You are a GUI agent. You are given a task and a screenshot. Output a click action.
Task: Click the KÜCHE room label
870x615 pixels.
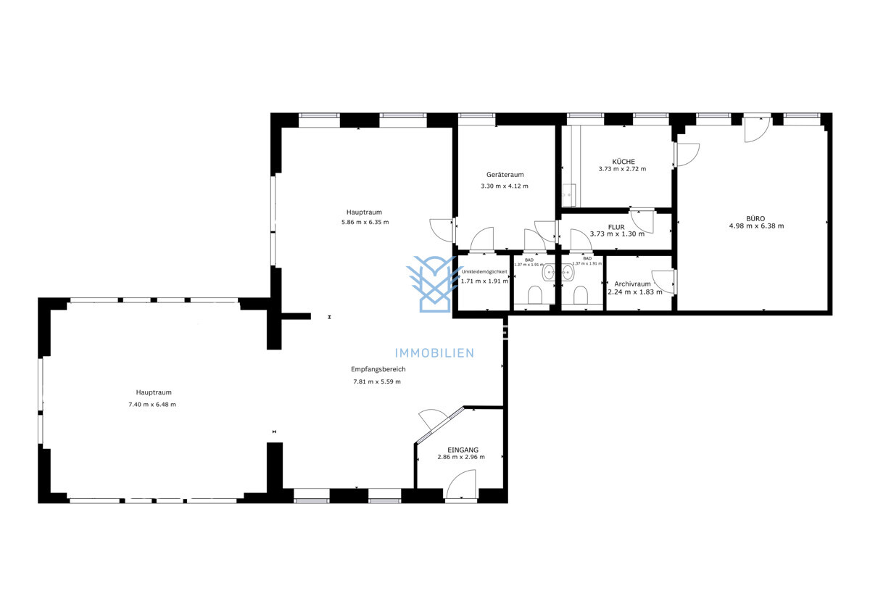[x=623, y=161]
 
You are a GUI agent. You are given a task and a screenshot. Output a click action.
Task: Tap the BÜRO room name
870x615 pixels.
[x=756, y=218]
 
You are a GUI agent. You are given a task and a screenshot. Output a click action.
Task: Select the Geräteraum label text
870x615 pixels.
[x=505, y=175]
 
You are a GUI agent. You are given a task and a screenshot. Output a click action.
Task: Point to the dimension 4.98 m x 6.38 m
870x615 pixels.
[x=756, y=226]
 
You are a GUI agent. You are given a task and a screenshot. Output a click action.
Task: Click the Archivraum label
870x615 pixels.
[x=632, y=284]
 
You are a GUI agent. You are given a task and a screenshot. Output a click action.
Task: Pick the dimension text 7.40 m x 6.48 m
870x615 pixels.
[x=152, y=405]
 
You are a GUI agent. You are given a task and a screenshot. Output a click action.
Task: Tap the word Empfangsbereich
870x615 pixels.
[x=378, y=369]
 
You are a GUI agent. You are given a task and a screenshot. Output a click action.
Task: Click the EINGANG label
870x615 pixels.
[x=463, y=450]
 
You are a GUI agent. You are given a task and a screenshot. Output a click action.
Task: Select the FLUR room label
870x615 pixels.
[x=616, y=227]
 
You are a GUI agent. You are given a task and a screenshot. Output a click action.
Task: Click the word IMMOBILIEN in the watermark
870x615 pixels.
[x=434, y=353]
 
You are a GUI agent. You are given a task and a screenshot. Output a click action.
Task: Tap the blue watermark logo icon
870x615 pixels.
[x=434, y=284]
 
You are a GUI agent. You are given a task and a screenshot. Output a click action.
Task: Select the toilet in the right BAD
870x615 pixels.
[x=579, y=295]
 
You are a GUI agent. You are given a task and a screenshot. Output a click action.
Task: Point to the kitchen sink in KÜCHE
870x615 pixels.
[x=569, y=195]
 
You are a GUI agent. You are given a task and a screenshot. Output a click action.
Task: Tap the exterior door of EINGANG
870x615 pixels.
[x=462, y=485]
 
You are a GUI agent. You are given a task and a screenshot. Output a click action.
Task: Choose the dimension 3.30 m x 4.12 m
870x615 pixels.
[x=505, y=186]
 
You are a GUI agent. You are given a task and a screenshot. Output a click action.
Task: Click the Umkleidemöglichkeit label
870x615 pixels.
[x=484, y=271]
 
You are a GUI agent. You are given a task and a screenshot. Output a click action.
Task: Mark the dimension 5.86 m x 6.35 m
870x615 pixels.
[x=365, y=222]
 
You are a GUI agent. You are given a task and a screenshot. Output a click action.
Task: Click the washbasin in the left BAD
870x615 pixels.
[x=549, y=273]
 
